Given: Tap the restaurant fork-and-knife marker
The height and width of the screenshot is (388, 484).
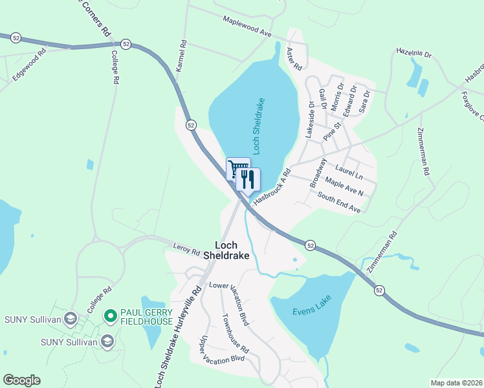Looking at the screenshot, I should coord(248,178).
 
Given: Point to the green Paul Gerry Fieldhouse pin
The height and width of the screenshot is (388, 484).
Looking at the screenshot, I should coord(110,316).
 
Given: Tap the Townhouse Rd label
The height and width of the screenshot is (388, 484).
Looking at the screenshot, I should coord(235,334).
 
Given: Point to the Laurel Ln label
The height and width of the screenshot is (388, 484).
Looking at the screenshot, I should coord(348,171).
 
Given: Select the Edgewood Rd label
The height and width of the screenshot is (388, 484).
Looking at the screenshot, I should coord(29,65).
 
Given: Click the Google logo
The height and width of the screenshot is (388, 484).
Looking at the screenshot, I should coord(21,380).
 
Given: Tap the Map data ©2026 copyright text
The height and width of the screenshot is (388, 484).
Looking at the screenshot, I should coord(456,382).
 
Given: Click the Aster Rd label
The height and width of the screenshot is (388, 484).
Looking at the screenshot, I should coord(294,59).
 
